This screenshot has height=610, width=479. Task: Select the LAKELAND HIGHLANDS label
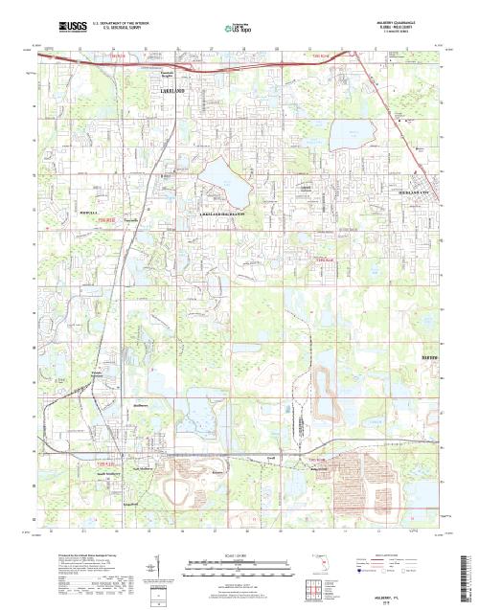tap(223, 214)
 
